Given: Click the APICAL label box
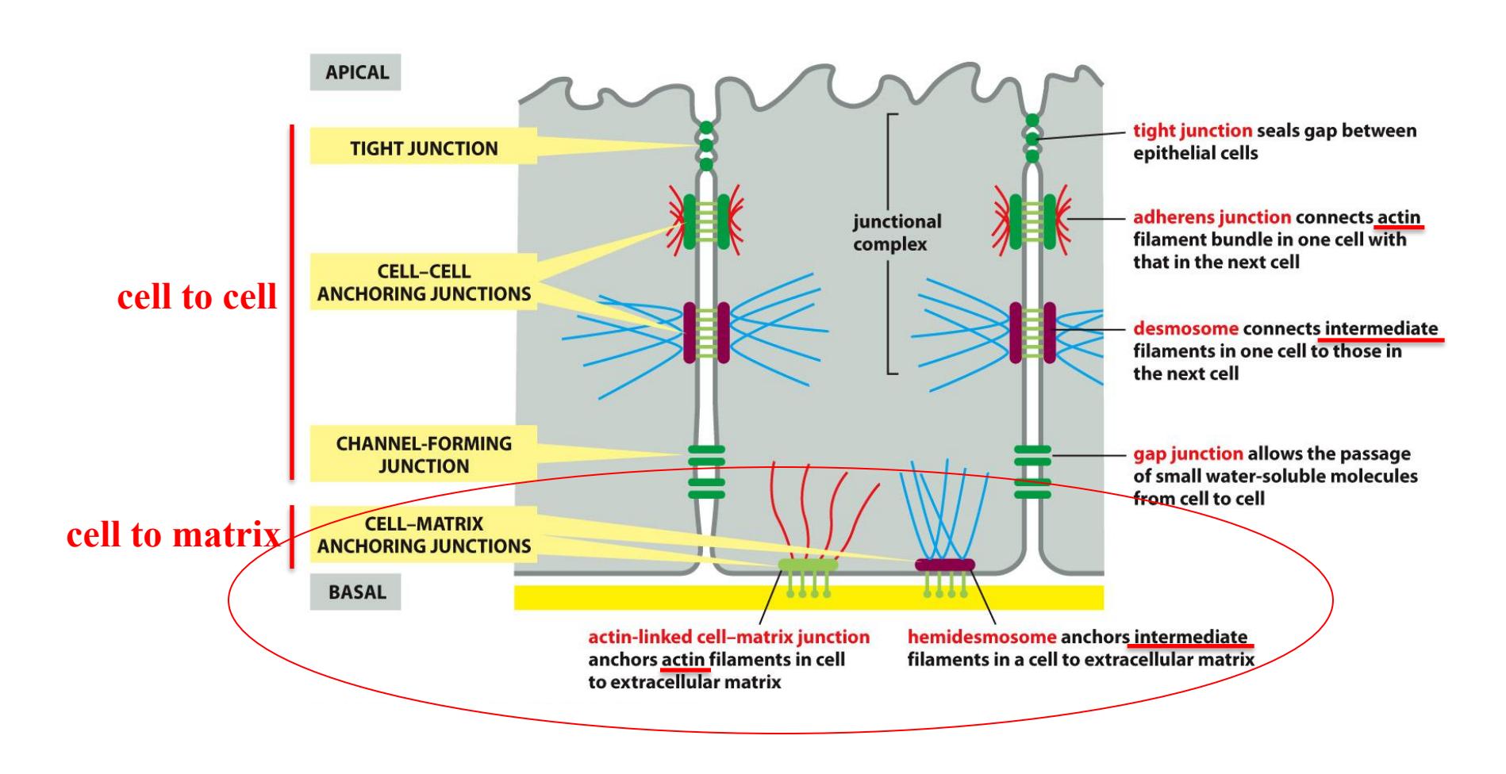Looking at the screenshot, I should pos(355,72).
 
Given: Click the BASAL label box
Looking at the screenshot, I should pos(355,592).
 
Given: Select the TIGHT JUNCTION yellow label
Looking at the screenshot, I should pos(424,148).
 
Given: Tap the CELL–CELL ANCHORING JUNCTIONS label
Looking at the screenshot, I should pos(424,282).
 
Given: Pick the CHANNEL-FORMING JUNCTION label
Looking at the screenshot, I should pos(424,454).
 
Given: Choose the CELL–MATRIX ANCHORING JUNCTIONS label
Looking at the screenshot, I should pos(424,535).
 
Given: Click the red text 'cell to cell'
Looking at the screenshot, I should pos(197,297).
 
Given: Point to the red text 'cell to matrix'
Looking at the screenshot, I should pos(173,535).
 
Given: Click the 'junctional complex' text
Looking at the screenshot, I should pos(897,232).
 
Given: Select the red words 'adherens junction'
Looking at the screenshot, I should pos(1212,217).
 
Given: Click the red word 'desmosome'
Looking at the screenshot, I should pos(1185,328).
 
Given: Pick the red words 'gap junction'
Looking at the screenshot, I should pos(1187,454).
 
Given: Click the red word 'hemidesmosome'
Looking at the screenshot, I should pos(982,637).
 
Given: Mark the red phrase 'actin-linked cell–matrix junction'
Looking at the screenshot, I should pos(728,637).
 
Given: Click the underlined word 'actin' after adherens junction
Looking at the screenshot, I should pos(1398,217).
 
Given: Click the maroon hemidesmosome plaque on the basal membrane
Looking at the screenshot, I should pos(944,565).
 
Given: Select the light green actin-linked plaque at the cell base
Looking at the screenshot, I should pos(807,565).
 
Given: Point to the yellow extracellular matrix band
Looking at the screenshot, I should pos(635,597).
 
